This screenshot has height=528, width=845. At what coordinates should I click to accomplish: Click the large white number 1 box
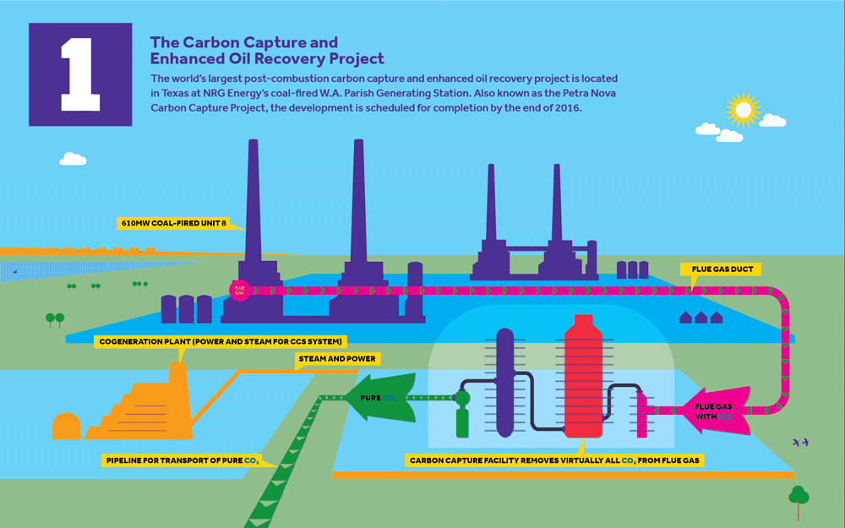pyautogui.click(x=80, y=74)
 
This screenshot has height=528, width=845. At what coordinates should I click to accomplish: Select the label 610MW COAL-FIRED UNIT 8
pyautogui.click(x=179, y=224)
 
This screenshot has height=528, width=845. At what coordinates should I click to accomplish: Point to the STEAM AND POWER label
pyautogui.click(x=335, y=359)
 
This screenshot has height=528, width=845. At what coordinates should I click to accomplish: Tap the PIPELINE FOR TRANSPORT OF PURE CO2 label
pyautogui.click(x=181, y=461)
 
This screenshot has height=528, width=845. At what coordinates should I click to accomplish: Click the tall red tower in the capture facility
pyautogui.click(x=582, y=372)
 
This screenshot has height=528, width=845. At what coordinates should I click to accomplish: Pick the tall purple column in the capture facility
pyautogui.click(x=504, y=380)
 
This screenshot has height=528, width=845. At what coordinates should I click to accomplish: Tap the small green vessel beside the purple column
pyautogui.click(x=462, y=413)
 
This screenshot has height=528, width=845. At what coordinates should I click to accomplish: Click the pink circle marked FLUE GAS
pyautogui.click(x=237, y=290)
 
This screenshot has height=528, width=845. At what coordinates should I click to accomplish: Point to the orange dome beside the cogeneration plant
pyautogui.click(x=66, y=426)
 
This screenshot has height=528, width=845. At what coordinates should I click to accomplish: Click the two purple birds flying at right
pyautogui.click(x=800, y=442)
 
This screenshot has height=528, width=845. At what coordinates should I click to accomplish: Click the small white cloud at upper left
pyautogui.click(x=74, y=158)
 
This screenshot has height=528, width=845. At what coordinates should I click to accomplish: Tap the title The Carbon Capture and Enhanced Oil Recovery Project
pyautogui.click(x=266, y=50)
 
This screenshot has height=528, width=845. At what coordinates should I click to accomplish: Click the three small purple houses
pyautogui.click(x=701, y=318)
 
